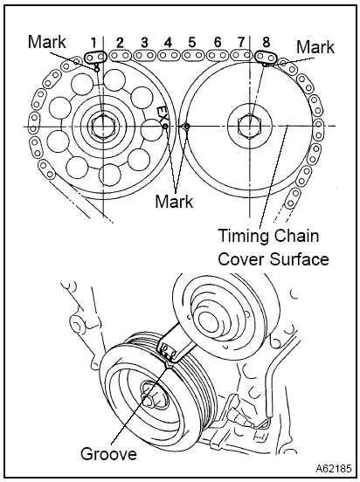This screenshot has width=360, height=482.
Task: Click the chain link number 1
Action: pos(94,42)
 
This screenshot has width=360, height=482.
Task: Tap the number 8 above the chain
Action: pos(267,42)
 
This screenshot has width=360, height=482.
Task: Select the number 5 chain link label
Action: pos(191,43)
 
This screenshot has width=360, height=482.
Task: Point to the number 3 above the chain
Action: pos(144,43)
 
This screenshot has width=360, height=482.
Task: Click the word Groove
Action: pos(108,454)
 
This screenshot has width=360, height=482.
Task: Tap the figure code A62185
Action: pos(333,469)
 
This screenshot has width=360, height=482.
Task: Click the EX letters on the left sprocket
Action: pos(163,114)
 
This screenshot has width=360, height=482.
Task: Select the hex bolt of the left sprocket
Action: pos(103,127)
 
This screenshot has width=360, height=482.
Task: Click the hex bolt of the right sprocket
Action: pos(250,127)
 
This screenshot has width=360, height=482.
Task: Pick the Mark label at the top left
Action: pos(47,42)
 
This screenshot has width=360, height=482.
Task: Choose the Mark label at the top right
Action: pos(315,47)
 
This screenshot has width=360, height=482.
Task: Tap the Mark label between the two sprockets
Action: pos(174,202)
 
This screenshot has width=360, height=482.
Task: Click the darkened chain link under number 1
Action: pos(95,57)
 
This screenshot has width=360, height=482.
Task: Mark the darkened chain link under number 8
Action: pos(266,57)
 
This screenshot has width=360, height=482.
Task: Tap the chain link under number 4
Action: pos(169,56)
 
